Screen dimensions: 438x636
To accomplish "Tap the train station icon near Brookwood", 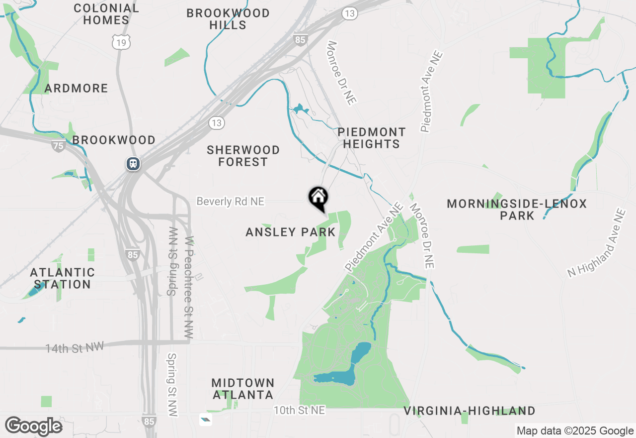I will tap(133, 163).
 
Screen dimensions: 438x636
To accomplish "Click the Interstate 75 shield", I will tap(58, 145).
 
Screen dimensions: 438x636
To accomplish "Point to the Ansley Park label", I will tap(291, 232).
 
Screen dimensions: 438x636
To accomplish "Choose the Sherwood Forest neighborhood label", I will tap(243, 156).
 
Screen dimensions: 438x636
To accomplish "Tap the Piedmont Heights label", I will tap(371, 138).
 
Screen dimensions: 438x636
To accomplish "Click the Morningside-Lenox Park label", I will tap(517, 210).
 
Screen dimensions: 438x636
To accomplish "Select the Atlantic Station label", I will tap(62, 278).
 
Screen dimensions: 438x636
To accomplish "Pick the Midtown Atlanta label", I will tap(243, 389).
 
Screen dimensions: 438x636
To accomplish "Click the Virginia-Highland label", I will tap(469, 411).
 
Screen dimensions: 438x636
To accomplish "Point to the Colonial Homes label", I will tap(106, 14).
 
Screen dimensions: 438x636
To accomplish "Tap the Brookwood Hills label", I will tap(228, 19).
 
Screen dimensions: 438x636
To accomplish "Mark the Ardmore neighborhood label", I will tap(76, 89).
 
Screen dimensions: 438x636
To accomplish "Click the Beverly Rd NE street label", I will tap(231, 202).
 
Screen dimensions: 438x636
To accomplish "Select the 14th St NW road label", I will tap(75, 348).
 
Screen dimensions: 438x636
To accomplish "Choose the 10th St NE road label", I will tap(300, 410).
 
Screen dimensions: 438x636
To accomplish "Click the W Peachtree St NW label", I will tap(189, 287).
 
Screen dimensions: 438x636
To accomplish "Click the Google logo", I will tap(34, 427).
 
